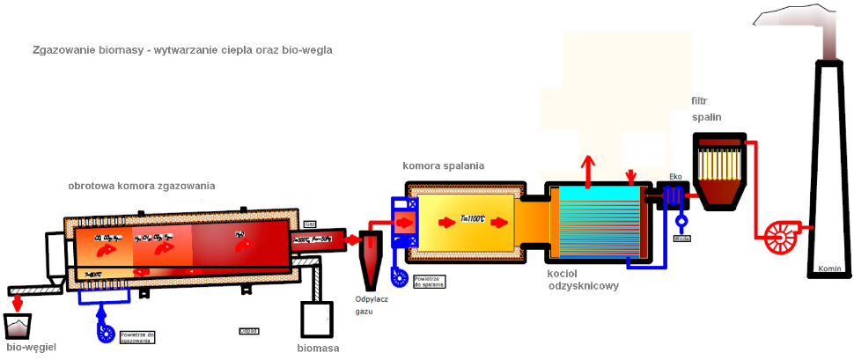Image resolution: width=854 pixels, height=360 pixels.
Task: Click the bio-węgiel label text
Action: pos(32,348)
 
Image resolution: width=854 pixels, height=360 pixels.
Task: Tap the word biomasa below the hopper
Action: pos(318,348)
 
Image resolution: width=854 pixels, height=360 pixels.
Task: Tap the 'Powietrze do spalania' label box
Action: pos(429,282)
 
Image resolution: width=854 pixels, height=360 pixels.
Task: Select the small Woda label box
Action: pos(680,238)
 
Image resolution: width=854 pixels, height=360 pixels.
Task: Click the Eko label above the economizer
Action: pos(675,177)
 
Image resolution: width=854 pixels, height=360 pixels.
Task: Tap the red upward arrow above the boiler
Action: pos(588,165)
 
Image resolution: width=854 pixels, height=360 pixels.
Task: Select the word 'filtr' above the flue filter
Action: pos(701,100)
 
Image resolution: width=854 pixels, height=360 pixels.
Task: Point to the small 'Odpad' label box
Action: pos(248,331)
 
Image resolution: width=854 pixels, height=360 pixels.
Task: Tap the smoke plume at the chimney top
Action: pos(797,26)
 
